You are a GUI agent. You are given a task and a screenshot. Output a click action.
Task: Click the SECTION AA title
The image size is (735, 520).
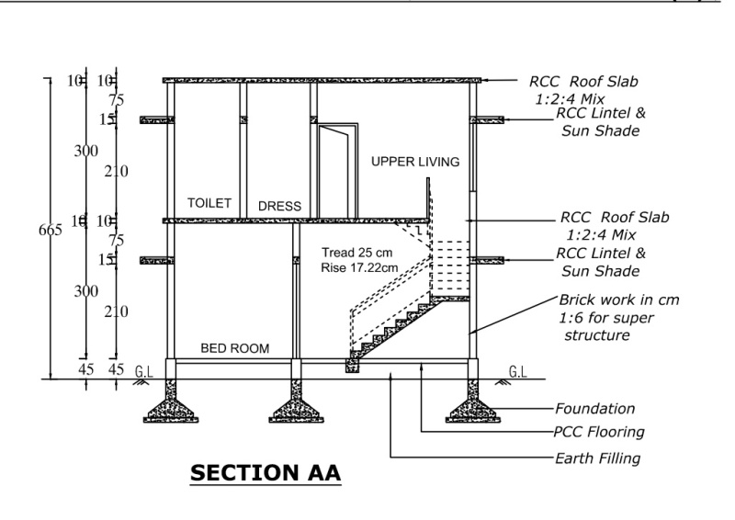[266, 474]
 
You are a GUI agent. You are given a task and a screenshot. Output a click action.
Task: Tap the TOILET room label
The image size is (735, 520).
[209, 203]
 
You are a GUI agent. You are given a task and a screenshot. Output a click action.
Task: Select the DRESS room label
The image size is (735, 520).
[279, 207]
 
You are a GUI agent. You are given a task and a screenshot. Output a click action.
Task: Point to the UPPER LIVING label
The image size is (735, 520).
[414, 163]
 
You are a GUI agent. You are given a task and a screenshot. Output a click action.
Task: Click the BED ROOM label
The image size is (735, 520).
[235, 348]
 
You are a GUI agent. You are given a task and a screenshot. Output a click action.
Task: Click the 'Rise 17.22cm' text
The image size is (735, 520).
[361, 267]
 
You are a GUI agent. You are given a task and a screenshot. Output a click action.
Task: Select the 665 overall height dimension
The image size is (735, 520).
[51, 231]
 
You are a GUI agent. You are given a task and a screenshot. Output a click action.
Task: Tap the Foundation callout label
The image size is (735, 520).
[594, 409]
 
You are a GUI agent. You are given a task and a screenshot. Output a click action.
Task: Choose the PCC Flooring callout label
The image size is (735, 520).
[598, 432]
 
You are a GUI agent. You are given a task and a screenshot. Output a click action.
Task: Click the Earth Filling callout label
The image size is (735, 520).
[597, 458]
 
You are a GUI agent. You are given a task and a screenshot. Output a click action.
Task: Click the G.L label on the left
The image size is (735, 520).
[143, 372]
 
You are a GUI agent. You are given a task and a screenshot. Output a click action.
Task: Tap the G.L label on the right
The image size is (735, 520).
[517, 372]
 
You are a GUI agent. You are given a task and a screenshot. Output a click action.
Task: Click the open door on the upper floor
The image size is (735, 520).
[332, 170]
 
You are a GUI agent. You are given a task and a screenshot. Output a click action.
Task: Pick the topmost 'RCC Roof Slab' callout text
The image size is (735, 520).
[582, 82]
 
